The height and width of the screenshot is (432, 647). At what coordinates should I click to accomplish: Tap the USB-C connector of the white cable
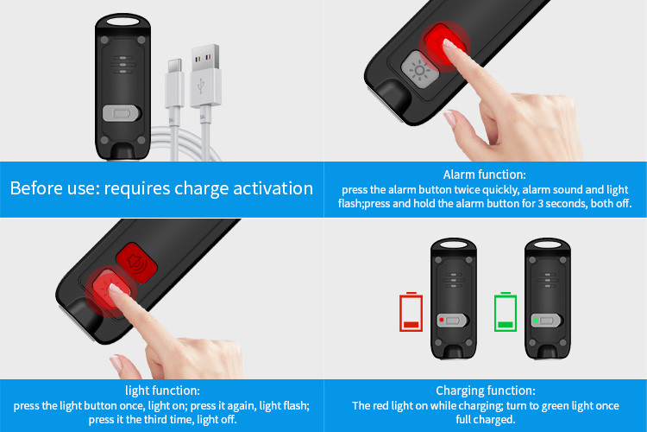click(174, 83)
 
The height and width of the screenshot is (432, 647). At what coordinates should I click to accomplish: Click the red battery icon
click(411, 312)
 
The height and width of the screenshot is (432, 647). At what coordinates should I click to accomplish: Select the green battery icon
click(506, 312)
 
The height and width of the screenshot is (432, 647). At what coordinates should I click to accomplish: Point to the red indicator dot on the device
click(442, 320)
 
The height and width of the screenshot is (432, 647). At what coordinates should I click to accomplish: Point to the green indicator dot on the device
click(536, 321)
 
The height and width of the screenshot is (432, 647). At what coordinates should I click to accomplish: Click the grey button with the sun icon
click(418, 70)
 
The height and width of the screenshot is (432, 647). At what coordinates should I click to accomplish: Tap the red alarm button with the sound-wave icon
click(137, 263)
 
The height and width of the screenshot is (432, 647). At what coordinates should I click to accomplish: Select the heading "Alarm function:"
click(485, 175)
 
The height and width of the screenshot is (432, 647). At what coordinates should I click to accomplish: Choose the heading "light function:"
click(162, 391)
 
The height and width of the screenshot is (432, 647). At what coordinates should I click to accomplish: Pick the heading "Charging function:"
click(485, 391)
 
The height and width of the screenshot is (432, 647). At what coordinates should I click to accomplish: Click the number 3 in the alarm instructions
click(540, 204)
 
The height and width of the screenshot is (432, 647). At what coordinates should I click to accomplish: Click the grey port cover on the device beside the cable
click(121, 113)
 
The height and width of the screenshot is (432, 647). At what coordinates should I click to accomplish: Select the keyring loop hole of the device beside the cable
click(123, 21)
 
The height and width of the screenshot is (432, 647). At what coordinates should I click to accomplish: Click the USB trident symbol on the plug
click(201, 86)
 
